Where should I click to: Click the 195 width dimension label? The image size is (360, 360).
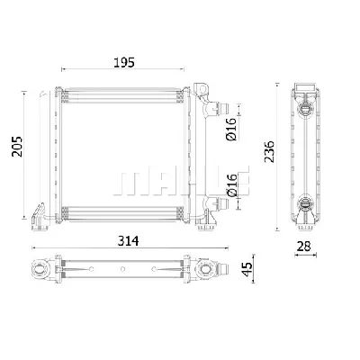[x=124, y=61]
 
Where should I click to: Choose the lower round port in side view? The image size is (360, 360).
[x=307, y=205]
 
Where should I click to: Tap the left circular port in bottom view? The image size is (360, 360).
[x=42, y=268]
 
